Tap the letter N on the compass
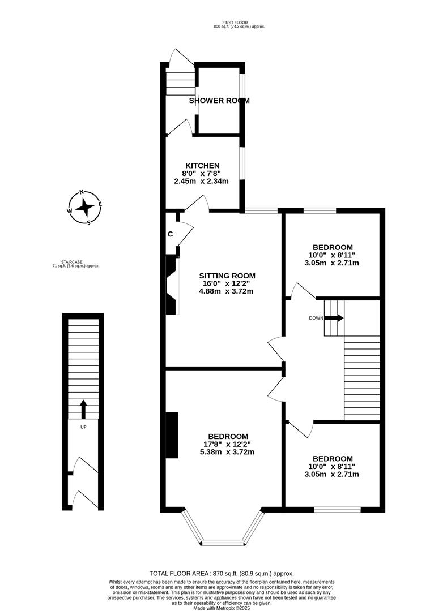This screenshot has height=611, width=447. click(x=82, y=192)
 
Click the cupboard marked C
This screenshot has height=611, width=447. click(x=170, y=234)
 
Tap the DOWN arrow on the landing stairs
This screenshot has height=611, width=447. click(x=335, y=318)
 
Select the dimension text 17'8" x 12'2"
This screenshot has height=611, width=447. click(x=228, y=444)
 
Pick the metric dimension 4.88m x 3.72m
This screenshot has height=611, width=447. click(x=225, y=291)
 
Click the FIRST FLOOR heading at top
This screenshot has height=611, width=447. click(x=239, y=23)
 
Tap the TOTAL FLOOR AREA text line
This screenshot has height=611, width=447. click(x=222, y=573)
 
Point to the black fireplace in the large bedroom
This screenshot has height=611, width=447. click(x=171, y=435)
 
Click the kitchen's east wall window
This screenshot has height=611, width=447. click(x=242, y=164)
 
